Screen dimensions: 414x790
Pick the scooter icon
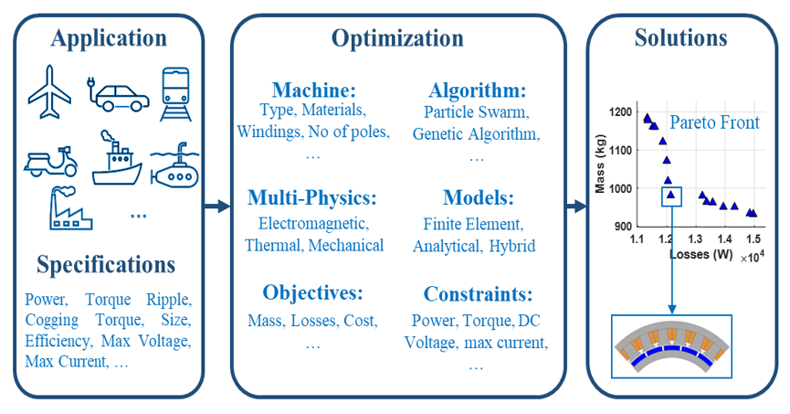(51, 161)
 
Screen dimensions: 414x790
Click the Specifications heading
(106, 265)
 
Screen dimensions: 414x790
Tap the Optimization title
(397, 38)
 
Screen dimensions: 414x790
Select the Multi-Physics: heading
(313, 198)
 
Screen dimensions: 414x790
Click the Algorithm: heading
(477, 90)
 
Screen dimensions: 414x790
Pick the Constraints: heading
(477, 294)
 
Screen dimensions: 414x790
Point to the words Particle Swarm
(476, 112)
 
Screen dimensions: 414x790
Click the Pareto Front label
(714, 122)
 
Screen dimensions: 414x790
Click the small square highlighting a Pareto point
(671, 196)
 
